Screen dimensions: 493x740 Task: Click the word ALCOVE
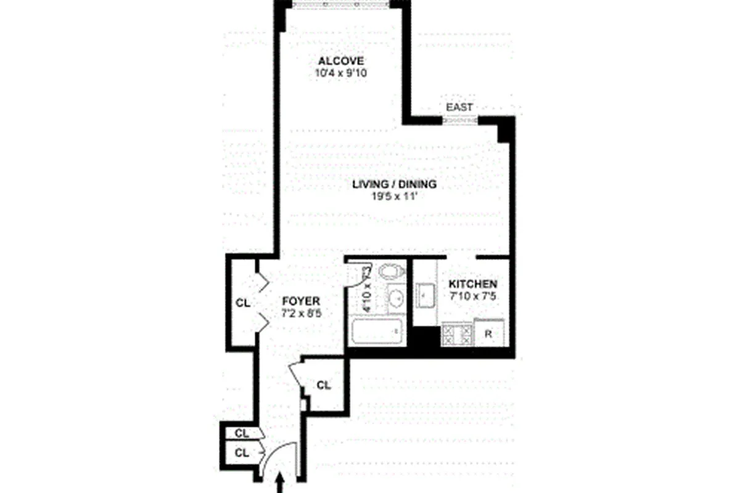pos(341,61)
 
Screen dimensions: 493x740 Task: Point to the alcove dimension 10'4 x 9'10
pos(341,73)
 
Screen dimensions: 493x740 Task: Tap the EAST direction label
pos(459,107)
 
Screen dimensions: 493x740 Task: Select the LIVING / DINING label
pos(394,184)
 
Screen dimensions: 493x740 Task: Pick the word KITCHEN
pos(472,284)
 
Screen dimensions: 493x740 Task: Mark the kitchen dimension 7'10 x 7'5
pos(472,296)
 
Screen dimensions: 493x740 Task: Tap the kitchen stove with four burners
pos(458,335)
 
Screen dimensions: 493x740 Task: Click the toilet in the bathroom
pos(390,271)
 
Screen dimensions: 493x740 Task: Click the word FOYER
pos(301,301)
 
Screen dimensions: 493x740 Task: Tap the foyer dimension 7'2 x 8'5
pos(301,313)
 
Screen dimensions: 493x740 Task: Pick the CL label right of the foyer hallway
pos(324,386)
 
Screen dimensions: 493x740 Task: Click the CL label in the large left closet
pos(243,303)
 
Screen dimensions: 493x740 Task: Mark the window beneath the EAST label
pos(460,120)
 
